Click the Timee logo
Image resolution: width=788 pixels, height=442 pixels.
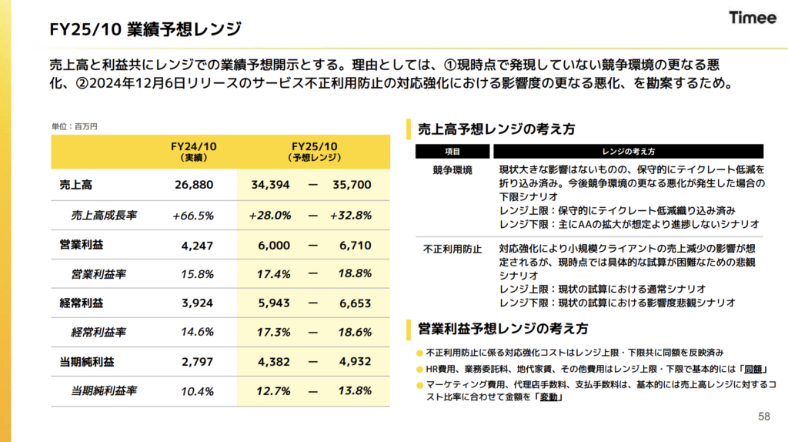point(753,18)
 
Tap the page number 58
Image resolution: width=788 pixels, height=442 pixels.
point(764,417)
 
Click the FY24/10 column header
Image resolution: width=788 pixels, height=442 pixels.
point(193,152)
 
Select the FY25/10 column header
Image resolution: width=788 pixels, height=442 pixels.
point(314,152)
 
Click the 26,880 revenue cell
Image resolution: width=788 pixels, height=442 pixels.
point(194,185)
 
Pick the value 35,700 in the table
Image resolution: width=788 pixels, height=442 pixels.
point(352,185)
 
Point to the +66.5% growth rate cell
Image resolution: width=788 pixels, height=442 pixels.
point(193,216)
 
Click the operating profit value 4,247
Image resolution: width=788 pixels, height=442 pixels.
point(197,246)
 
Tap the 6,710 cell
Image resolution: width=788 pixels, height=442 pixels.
point(356,246)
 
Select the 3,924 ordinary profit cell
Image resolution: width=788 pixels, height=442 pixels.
point(197,303)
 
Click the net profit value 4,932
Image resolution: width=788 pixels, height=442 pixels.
point(356,362)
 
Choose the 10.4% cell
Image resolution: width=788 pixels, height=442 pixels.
point(197,391)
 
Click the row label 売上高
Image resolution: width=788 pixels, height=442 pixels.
point(76,185)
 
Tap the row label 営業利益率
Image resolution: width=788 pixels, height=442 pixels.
point(98,274)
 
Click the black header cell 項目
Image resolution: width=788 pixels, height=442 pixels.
point(452,152)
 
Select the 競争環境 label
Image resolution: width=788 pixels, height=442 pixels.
point(452,170)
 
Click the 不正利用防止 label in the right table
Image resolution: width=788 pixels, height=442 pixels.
point(452,249)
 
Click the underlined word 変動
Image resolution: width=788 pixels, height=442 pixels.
point(548,397)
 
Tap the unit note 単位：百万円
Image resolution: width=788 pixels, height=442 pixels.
point(75,126)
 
